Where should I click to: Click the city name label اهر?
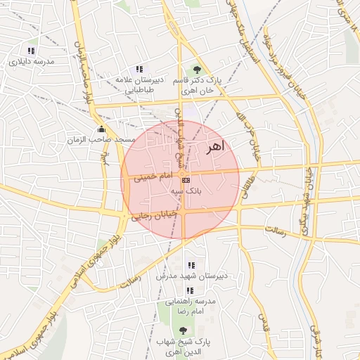(214, 148)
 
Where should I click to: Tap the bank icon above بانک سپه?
(185, 180)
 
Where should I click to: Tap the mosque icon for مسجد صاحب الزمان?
(103, 129)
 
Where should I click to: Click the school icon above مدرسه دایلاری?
(30, 51)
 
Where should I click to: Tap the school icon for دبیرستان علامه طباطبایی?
(139, 69)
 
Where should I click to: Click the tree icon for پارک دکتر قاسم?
(197, 69)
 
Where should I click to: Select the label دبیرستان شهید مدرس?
(192, 278)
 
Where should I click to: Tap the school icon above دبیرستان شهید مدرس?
(192, 266)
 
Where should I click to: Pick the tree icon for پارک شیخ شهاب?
(184, 330)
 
